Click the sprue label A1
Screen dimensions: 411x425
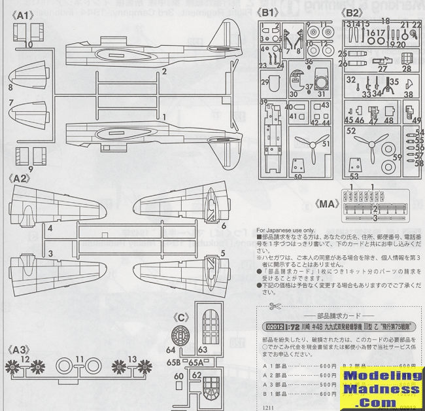pos(21,14)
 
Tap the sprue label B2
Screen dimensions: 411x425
pos(354,12)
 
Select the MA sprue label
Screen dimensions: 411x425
pos(327,202)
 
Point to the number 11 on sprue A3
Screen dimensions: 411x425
pos(78,359)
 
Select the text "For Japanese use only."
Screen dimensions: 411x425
pos(286,230)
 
